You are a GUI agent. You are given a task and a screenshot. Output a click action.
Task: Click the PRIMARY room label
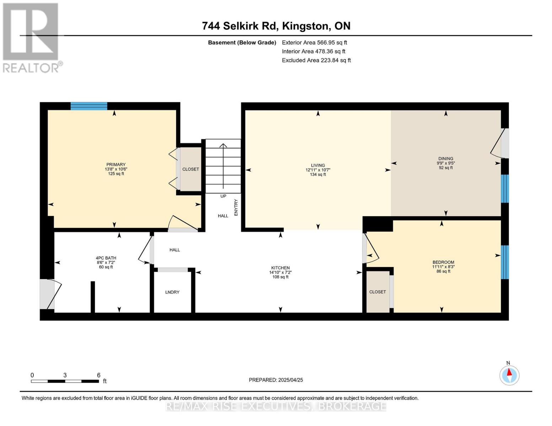pos(116,165)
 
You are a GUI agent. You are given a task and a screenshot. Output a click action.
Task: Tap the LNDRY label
pos(172,292)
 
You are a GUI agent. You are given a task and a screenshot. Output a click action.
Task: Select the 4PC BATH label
pos(106,258)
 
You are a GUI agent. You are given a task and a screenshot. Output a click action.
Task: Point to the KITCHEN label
pos(280,268)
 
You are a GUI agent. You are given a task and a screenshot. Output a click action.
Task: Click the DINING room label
pos(446,159)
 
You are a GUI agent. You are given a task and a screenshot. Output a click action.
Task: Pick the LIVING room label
pos(318,165)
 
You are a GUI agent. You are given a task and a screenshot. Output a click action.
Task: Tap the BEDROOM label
pos(443,262)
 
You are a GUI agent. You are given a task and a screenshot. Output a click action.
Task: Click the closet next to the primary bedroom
pos(191,169)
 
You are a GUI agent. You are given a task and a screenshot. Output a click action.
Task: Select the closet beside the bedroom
pos(377,292)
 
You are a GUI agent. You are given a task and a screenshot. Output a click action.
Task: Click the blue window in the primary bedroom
pos(89,106)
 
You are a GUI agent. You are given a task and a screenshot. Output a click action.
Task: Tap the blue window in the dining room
pos(505,188)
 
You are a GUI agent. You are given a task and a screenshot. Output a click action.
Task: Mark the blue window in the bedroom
pos(505,262)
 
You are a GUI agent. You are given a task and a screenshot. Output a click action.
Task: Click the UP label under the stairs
pos(223,196)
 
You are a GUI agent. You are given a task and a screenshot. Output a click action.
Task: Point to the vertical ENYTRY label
pos(236,207)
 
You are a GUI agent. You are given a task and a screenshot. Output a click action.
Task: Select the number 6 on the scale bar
pos(98,375)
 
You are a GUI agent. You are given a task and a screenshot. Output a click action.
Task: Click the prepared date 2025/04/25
pos(290,380)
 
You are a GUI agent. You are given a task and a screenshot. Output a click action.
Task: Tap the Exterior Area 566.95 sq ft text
pos(314,43)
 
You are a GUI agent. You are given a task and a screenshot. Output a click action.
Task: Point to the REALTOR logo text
pos(31,67)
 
